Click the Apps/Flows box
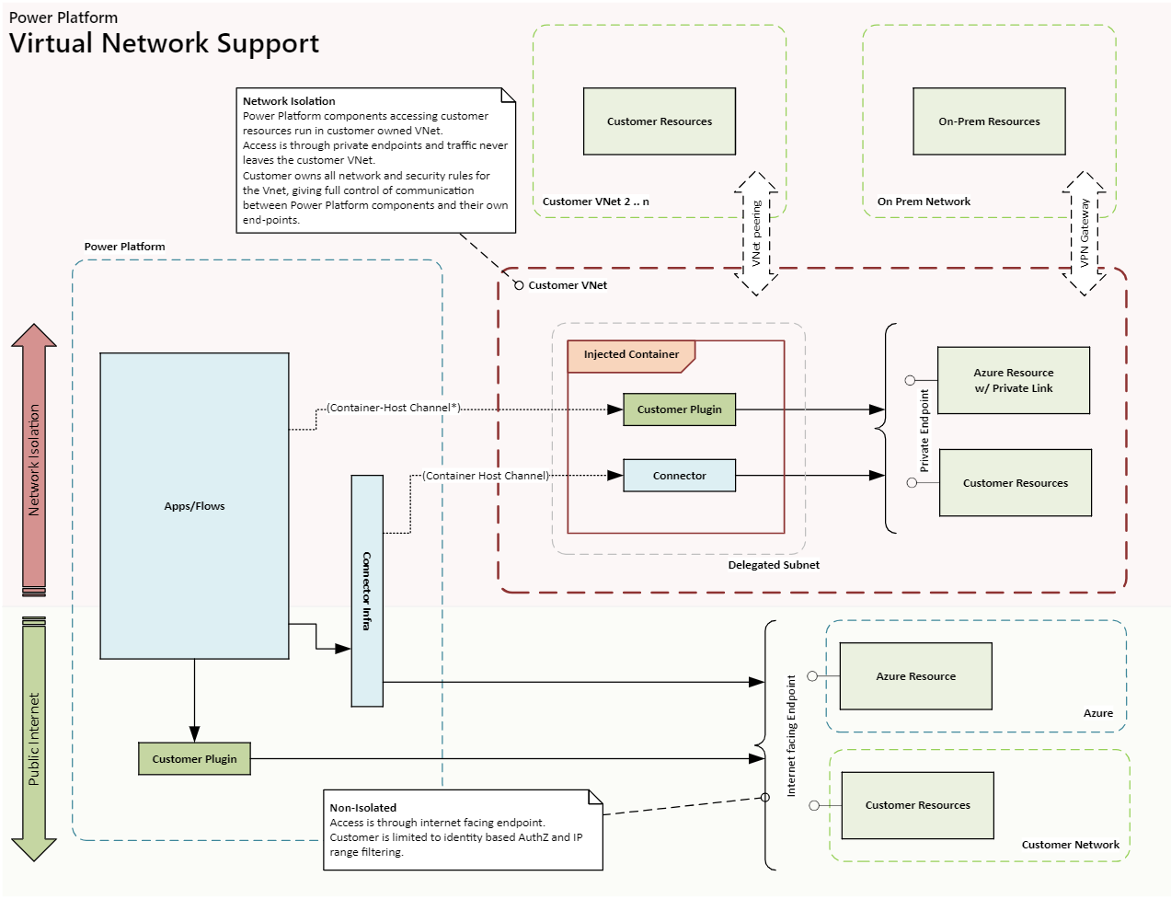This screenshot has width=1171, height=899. [194, 505]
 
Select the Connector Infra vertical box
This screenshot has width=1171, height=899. [367, 591]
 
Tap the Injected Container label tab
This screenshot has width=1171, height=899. [631, 354]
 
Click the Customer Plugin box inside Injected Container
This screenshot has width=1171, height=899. [679, 409]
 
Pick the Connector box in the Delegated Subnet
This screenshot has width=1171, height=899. [679, 476]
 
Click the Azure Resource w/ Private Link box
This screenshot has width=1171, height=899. [1013, 380]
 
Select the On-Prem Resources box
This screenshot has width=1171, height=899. [989, 121]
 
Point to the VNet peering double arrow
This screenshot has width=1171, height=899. [756, 234]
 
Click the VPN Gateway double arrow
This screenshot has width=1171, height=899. [1085, 234]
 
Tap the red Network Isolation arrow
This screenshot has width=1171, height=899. [34, 459]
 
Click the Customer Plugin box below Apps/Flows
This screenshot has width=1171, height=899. [194, 759]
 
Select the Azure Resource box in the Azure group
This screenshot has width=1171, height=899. [915, 676]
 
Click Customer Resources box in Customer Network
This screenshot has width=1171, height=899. [917, 805]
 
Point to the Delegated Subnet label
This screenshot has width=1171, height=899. [774, 565]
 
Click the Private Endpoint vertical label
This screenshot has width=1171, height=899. [924, 431]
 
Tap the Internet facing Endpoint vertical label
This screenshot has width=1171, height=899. [791, 736]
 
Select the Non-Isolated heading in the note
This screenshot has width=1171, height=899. [363, 808]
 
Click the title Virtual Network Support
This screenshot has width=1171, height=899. [164, 43]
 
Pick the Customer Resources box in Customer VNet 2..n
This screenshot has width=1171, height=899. [660, 121]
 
